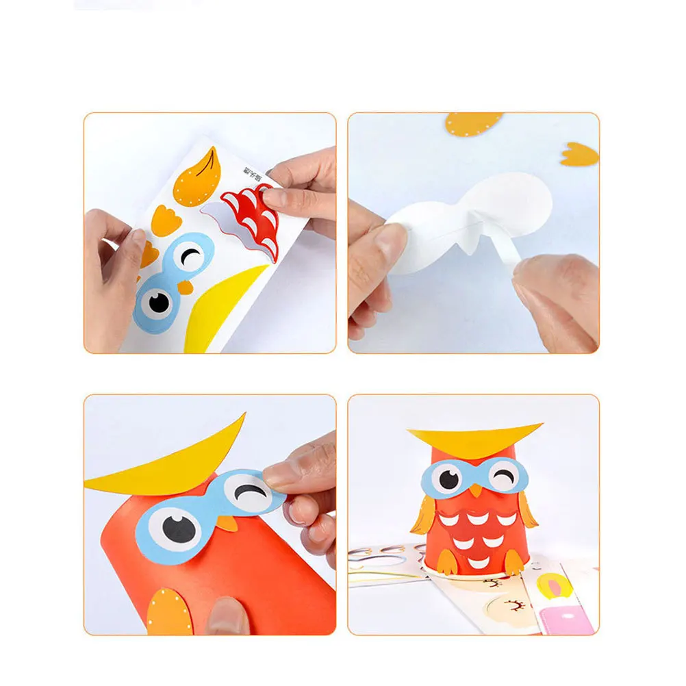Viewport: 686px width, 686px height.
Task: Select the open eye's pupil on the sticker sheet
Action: point(159,302)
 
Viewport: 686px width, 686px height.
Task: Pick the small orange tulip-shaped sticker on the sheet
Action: point(164,220)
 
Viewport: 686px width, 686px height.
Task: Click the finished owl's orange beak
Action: point(475,490)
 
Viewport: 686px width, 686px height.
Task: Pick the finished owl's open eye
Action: point(448,479)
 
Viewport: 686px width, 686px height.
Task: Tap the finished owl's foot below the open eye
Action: point(446,561)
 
